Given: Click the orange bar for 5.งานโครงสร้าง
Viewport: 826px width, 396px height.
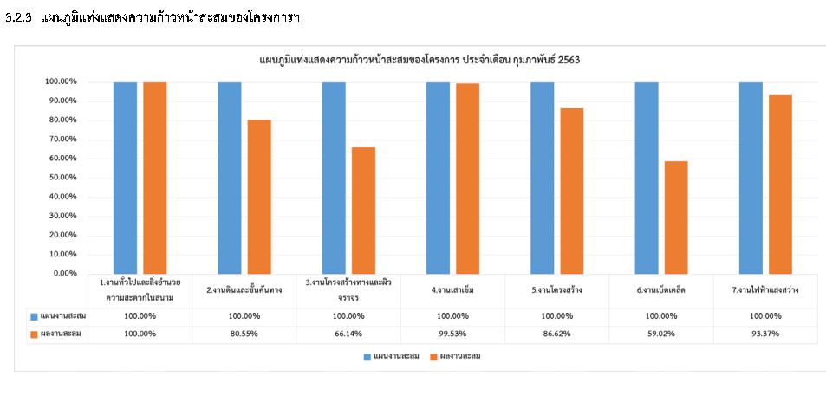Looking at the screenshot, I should coord(571,191).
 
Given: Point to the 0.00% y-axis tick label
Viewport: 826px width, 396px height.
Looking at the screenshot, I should coord(62,274).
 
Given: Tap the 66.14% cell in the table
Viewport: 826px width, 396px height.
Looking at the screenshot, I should coord(348,334).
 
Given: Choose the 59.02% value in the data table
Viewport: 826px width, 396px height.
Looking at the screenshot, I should coord(661,334).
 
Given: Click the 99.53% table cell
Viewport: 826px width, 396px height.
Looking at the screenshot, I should coord(452,334).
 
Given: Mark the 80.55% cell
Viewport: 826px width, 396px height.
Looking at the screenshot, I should coord(244,334).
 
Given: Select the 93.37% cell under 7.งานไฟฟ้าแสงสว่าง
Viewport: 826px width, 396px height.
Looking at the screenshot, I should coord(764,334).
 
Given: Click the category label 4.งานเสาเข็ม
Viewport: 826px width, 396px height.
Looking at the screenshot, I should coord(452,289).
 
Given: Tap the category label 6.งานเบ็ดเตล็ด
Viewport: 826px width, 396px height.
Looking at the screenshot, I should coord(660,289).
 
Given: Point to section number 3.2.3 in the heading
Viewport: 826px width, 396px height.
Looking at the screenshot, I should coord(18,18).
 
